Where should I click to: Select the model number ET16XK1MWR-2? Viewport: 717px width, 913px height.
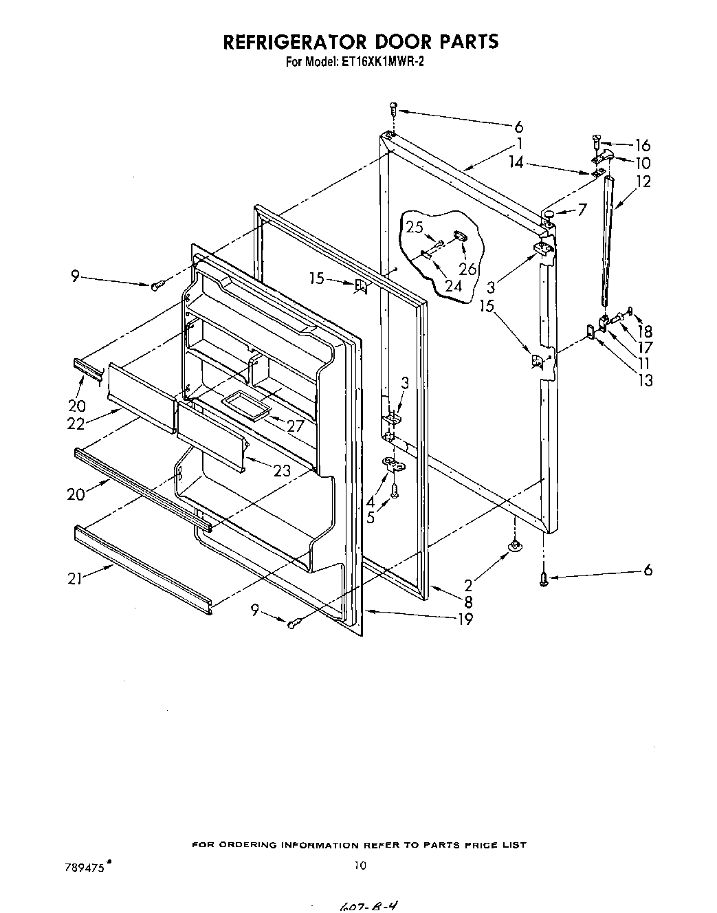[384, 60]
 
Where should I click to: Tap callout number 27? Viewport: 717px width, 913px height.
[296, 426]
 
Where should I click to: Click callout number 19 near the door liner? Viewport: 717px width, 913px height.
[465, 619]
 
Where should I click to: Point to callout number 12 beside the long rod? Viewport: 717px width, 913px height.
[643, 181]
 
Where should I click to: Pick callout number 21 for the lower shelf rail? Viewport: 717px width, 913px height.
[75, 579]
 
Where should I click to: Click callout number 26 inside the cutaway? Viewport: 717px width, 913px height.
[467, 269]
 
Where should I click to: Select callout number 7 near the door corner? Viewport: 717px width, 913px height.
[582, 209]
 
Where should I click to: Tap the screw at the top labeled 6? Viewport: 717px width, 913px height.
[393, 107]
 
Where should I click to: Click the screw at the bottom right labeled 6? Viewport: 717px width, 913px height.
[543, 580]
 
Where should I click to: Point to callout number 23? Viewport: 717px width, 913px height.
[282, 470]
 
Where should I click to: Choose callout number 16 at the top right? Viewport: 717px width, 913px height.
[642, 145]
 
